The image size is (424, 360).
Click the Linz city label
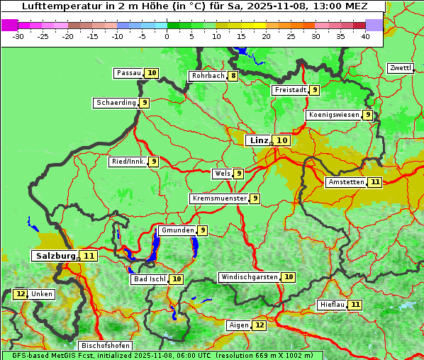click(259, 140)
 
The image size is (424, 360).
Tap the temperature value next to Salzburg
click(89, 256)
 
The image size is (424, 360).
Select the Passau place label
click(128, 73)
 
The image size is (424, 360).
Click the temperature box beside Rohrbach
click(233, 76)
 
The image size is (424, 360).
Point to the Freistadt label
click(289, 90)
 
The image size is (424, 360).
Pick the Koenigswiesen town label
click(333, 115)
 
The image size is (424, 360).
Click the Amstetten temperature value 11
click(375, 182)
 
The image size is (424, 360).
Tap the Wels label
click(222, 174)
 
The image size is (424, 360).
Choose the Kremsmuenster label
click(219, 198)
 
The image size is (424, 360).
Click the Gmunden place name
click(177, 230)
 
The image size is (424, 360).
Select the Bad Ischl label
click(149, 279)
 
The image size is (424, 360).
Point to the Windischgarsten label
click(249, 277)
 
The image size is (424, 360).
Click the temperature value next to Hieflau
click(355, 305)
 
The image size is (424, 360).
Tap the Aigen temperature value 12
click(260, 325)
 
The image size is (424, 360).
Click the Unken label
click(42, 294)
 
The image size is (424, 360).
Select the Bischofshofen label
click(105, 346)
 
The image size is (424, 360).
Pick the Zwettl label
click(399, 68)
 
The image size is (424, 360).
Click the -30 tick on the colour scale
click(18, 35)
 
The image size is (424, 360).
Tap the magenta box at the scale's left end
click(10, 25)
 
